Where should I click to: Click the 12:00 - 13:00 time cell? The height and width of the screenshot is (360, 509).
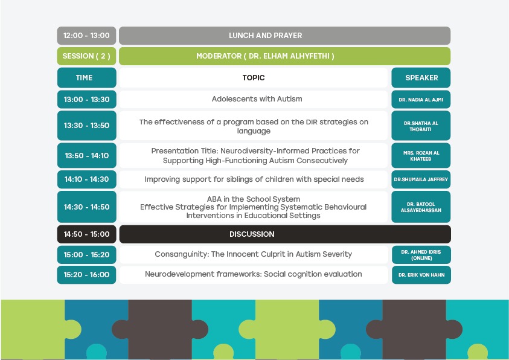tap(86, 36)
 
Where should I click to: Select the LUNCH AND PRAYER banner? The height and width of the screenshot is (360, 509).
tap(284, 36)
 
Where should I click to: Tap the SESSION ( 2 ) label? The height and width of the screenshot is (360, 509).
tap(86, 56)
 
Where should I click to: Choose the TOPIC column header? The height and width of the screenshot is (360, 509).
tap(253, 77)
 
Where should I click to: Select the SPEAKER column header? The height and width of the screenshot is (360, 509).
tap(421, 77)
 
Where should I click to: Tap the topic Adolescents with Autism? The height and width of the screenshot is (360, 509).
tap(257, 99)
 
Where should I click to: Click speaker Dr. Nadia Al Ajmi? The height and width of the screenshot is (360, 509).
tap(421, 99)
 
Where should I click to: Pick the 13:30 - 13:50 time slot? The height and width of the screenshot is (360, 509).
tap(86, 125)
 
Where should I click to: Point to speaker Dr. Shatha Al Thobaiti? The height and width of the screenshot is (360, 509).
tap(421, 126)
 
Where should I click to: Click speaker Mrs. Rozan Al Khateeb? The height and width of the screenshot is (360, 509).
tap(421, 155)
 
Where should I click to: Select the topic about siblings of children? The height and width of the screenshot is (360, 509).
tap(254, 179)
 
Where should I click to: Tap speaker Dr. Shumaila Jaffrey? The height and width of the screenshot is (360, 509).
tap(421, 179)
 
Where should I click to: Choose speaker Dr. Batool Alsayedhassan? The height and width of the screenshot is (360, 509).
tap(421, 207)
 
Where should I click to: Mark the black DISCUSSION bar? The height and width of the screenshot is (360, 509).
tap(285, 234)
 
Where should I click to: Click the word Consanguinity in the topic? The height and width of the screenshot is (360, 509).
tap(182, 254)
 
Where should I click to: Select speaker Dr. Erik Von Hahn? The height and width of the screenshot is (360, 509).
tap(421, 275)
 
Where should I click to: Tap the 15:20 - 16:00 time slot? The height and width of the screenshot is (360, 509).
tap(86, 275)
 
